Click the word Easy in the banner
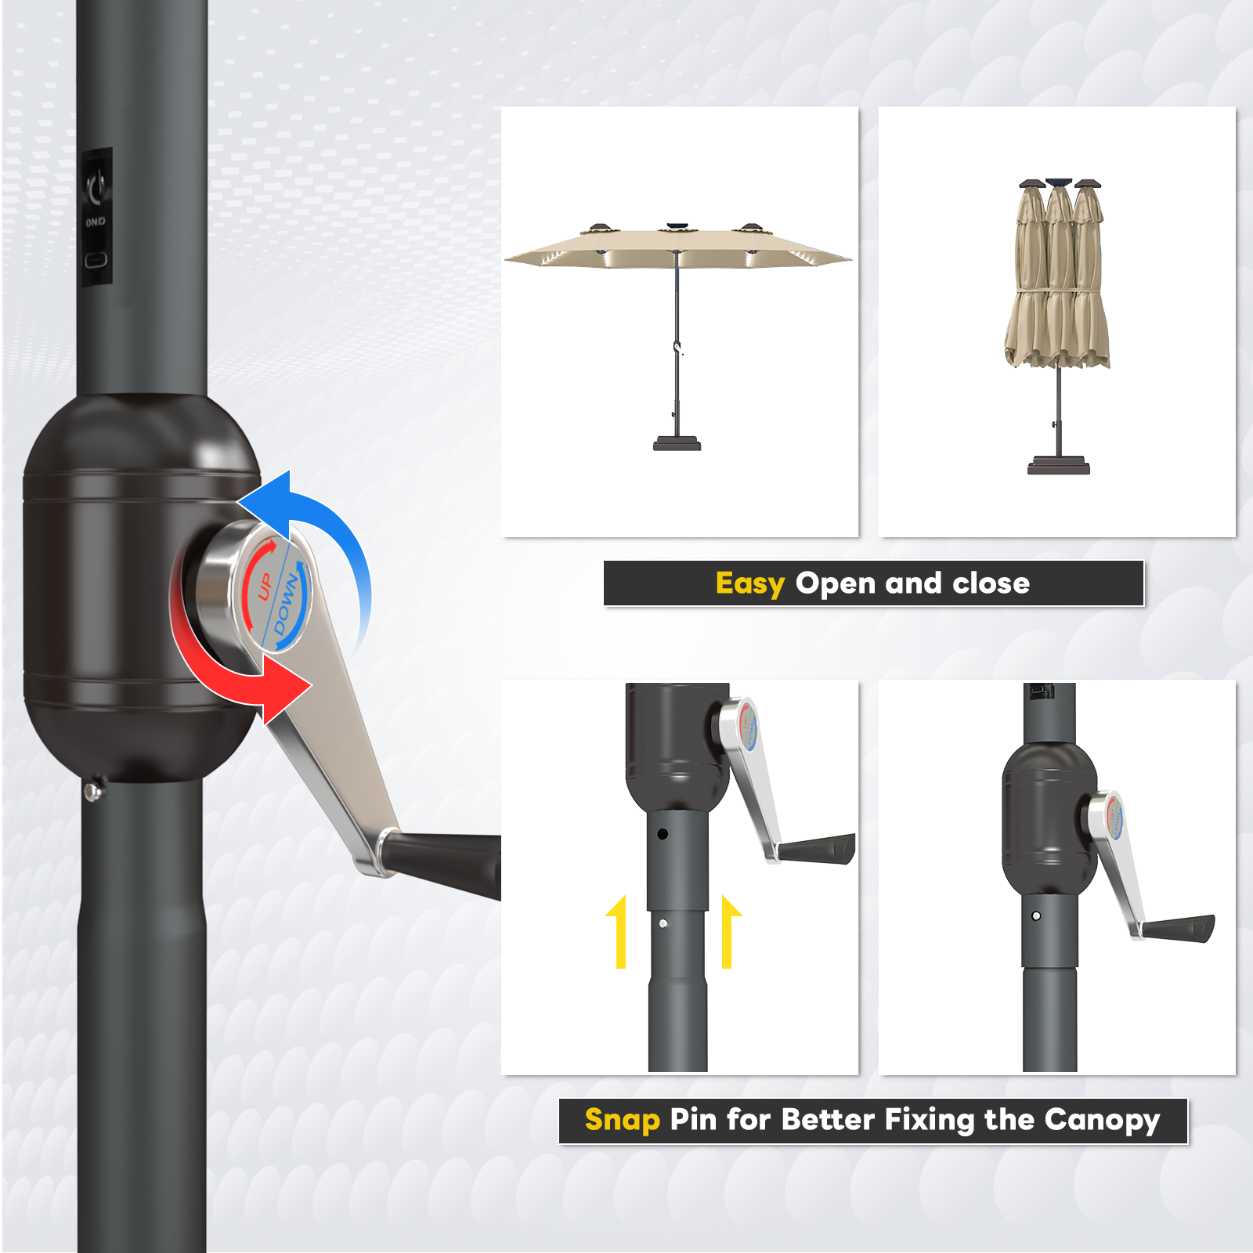coord(749,583)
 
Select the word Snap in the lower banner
coord(622,1120)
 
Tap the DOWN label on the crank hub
coord(287,604)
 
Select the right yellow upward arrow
coord(729,932)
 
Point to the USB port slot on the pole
coord(96,259)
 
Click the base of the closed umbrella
coord(1059,465)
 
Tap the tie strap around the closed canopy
coord(1057,291)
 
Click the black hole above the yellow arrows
coord(663,834)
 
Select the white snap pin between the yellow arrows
coord(663,924)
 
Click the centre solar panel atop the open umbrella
coord(677,228)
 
